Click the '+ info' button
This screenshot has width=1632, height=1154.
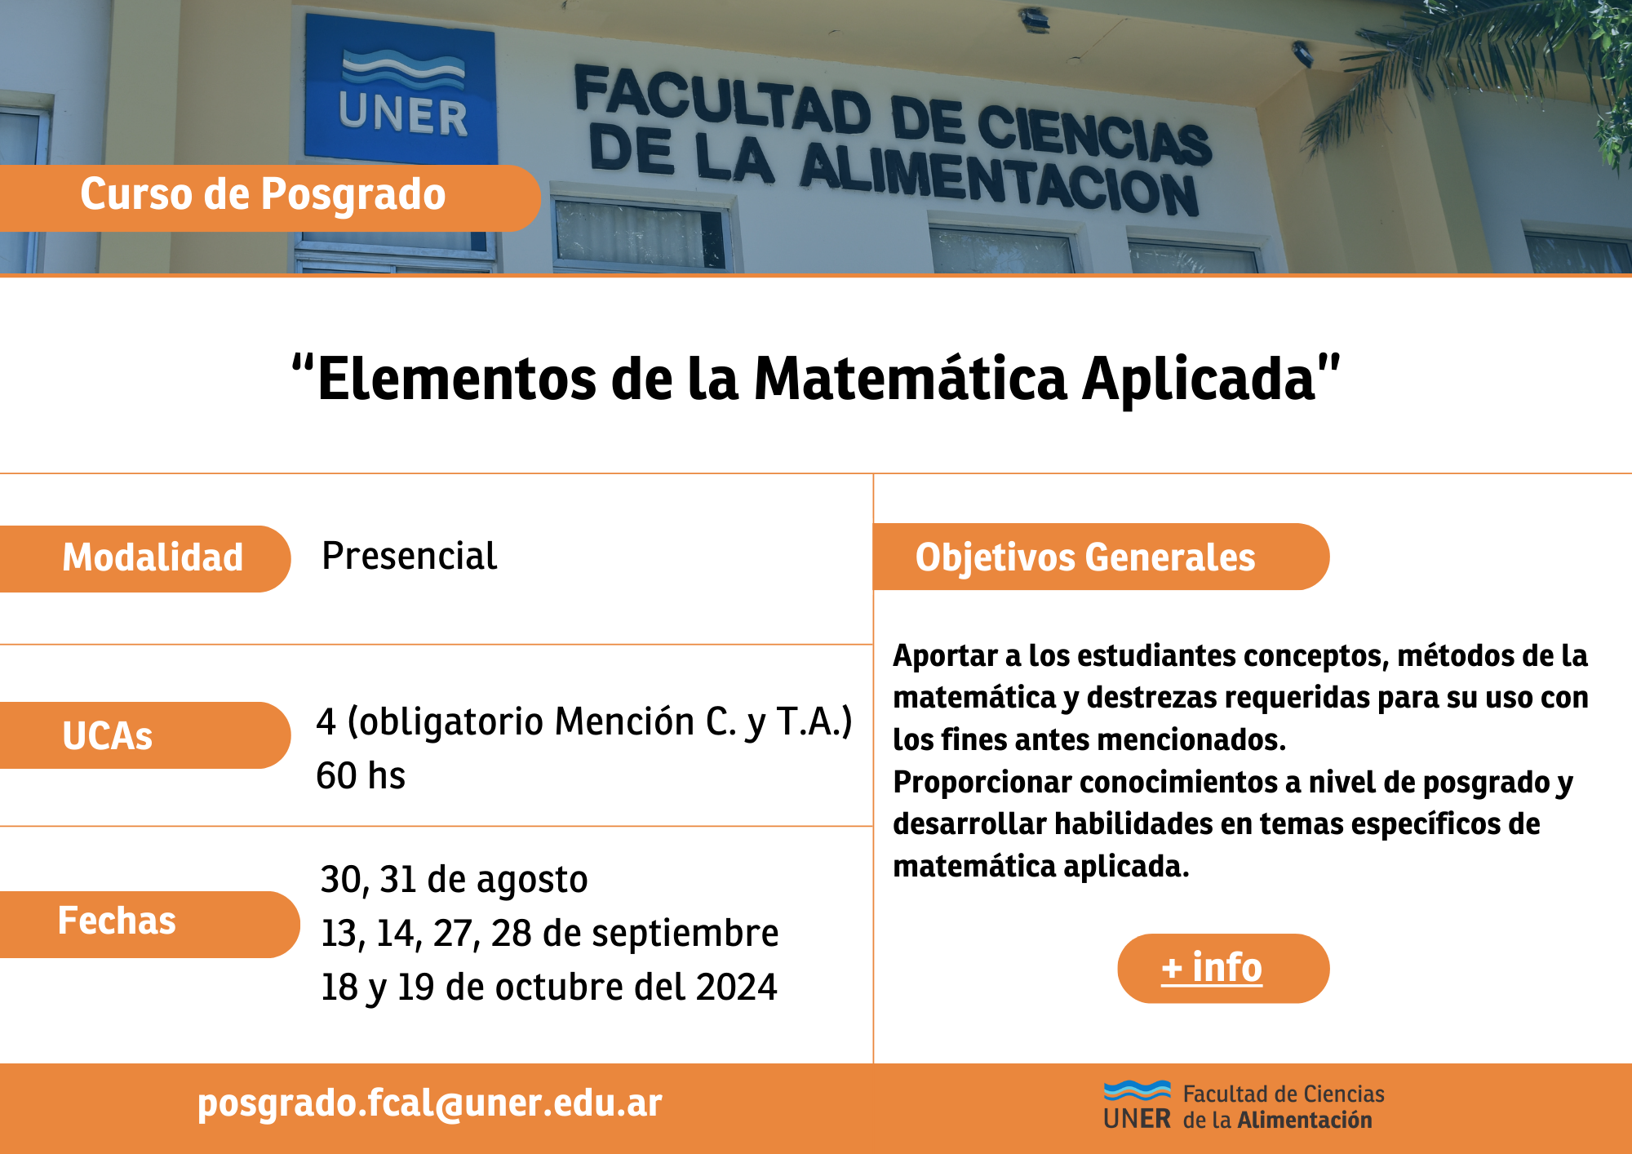(1223, 968)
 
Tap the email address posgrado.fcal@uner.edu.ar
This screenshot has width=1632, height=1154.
(429, 1103)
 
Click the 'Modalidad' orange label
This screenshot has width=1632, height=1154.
(145, 558)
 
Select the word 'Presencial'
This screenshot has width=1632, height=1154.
(410, 557)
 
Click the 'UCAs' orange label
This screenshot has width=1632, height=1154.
(145, 735)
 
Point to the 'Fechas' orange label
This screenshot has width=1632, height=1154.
(150, 924)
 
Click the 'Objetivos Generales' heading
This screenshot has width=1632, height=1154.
(1102, 557)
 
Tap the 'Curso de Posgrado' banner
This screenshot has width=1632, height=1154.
(270, 198)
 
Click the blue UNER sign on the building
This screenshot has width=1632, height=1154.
(401, 88)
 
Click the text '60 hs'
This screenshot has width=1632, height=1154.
(361, 775)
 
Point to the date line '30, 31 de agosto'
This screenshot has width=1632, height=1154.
(454, 880)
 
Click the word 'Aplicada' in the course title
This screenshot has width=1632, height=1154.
(1199, 379)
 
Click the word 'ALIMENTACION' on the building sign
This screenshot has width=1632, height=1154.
(999, 181)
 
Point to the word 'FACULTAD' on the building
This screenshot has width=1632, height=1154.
(723, 99)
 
